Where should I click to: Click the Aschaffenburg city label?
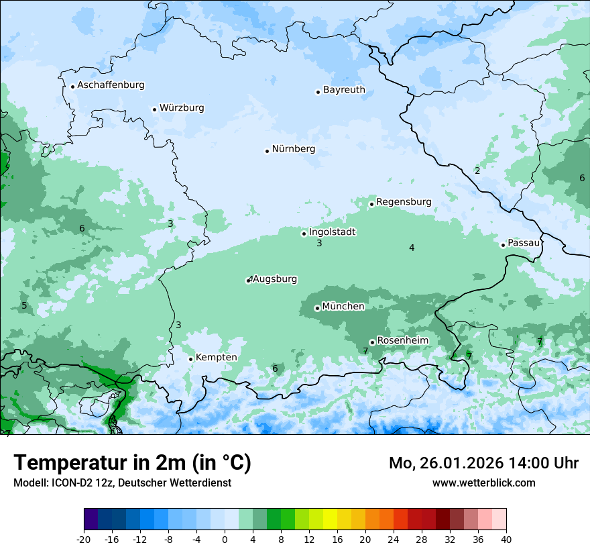(111, 85)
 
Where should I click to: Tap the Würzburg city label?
(182, 108)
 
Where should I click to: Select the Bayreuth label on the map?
(344, 90)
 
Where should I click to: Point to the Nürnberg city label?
(293, 149)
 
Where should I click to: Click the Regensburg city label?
(404, 202)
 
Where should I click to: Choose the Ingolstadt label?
(332, 232)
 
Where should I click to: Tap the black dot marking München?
(317, 308)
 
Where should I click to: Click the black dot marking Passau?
(503, 245)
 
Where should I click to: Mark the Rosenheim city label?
(402, 341)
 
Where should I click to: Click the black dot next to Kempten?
(190, 359)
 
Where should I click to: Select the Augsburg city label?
(275, 279)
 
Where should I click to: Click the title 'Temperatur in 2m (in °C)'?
(132, 463)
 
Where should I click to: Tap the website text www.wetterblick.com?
(483, 483)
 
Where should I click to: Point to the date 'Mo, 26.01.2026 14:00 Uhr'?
(483, 463)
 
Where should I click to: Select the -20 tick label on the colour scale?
(84, 539)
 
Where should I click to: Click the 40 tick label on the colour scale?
(506, 539)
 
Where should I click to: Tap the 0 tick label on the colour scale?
(225, 539)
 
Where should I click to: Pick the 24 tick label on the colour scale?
(394, 539)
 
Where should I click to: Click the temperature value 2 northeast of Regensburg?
(477, 170)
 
